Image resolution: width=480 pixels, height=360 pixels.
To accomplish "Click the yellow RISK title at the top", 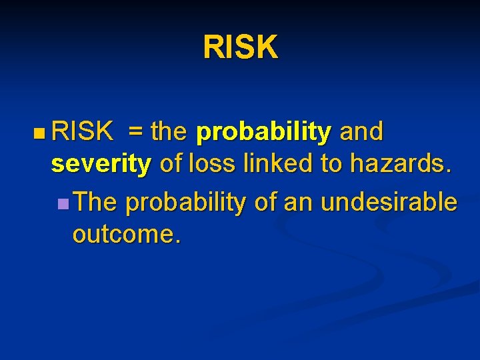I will (240, 47).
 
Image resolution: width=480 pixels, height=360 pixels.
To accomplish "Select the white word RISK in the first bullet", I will (82, 132).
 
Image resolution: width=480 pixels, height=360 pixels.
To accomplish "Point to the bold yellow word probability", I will (264, 133).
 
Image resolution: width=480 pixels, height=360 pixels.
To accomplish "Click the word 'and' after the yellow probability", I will (361, 132).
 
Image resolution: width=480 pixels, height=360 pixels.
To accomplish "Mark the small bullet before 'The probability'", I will (63, 203).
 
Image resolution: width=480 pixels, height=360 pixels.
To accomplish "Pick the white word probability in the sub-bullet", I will (185, 203).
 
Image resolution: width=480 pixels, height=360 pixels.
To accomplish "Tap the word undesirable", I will (389, 202).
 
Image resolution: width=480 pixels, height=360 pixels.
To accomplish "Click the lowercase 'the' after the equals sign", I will (169, 132).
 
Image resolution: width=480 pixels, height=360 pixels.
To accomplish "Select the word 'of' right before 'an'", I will (265, 202).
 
